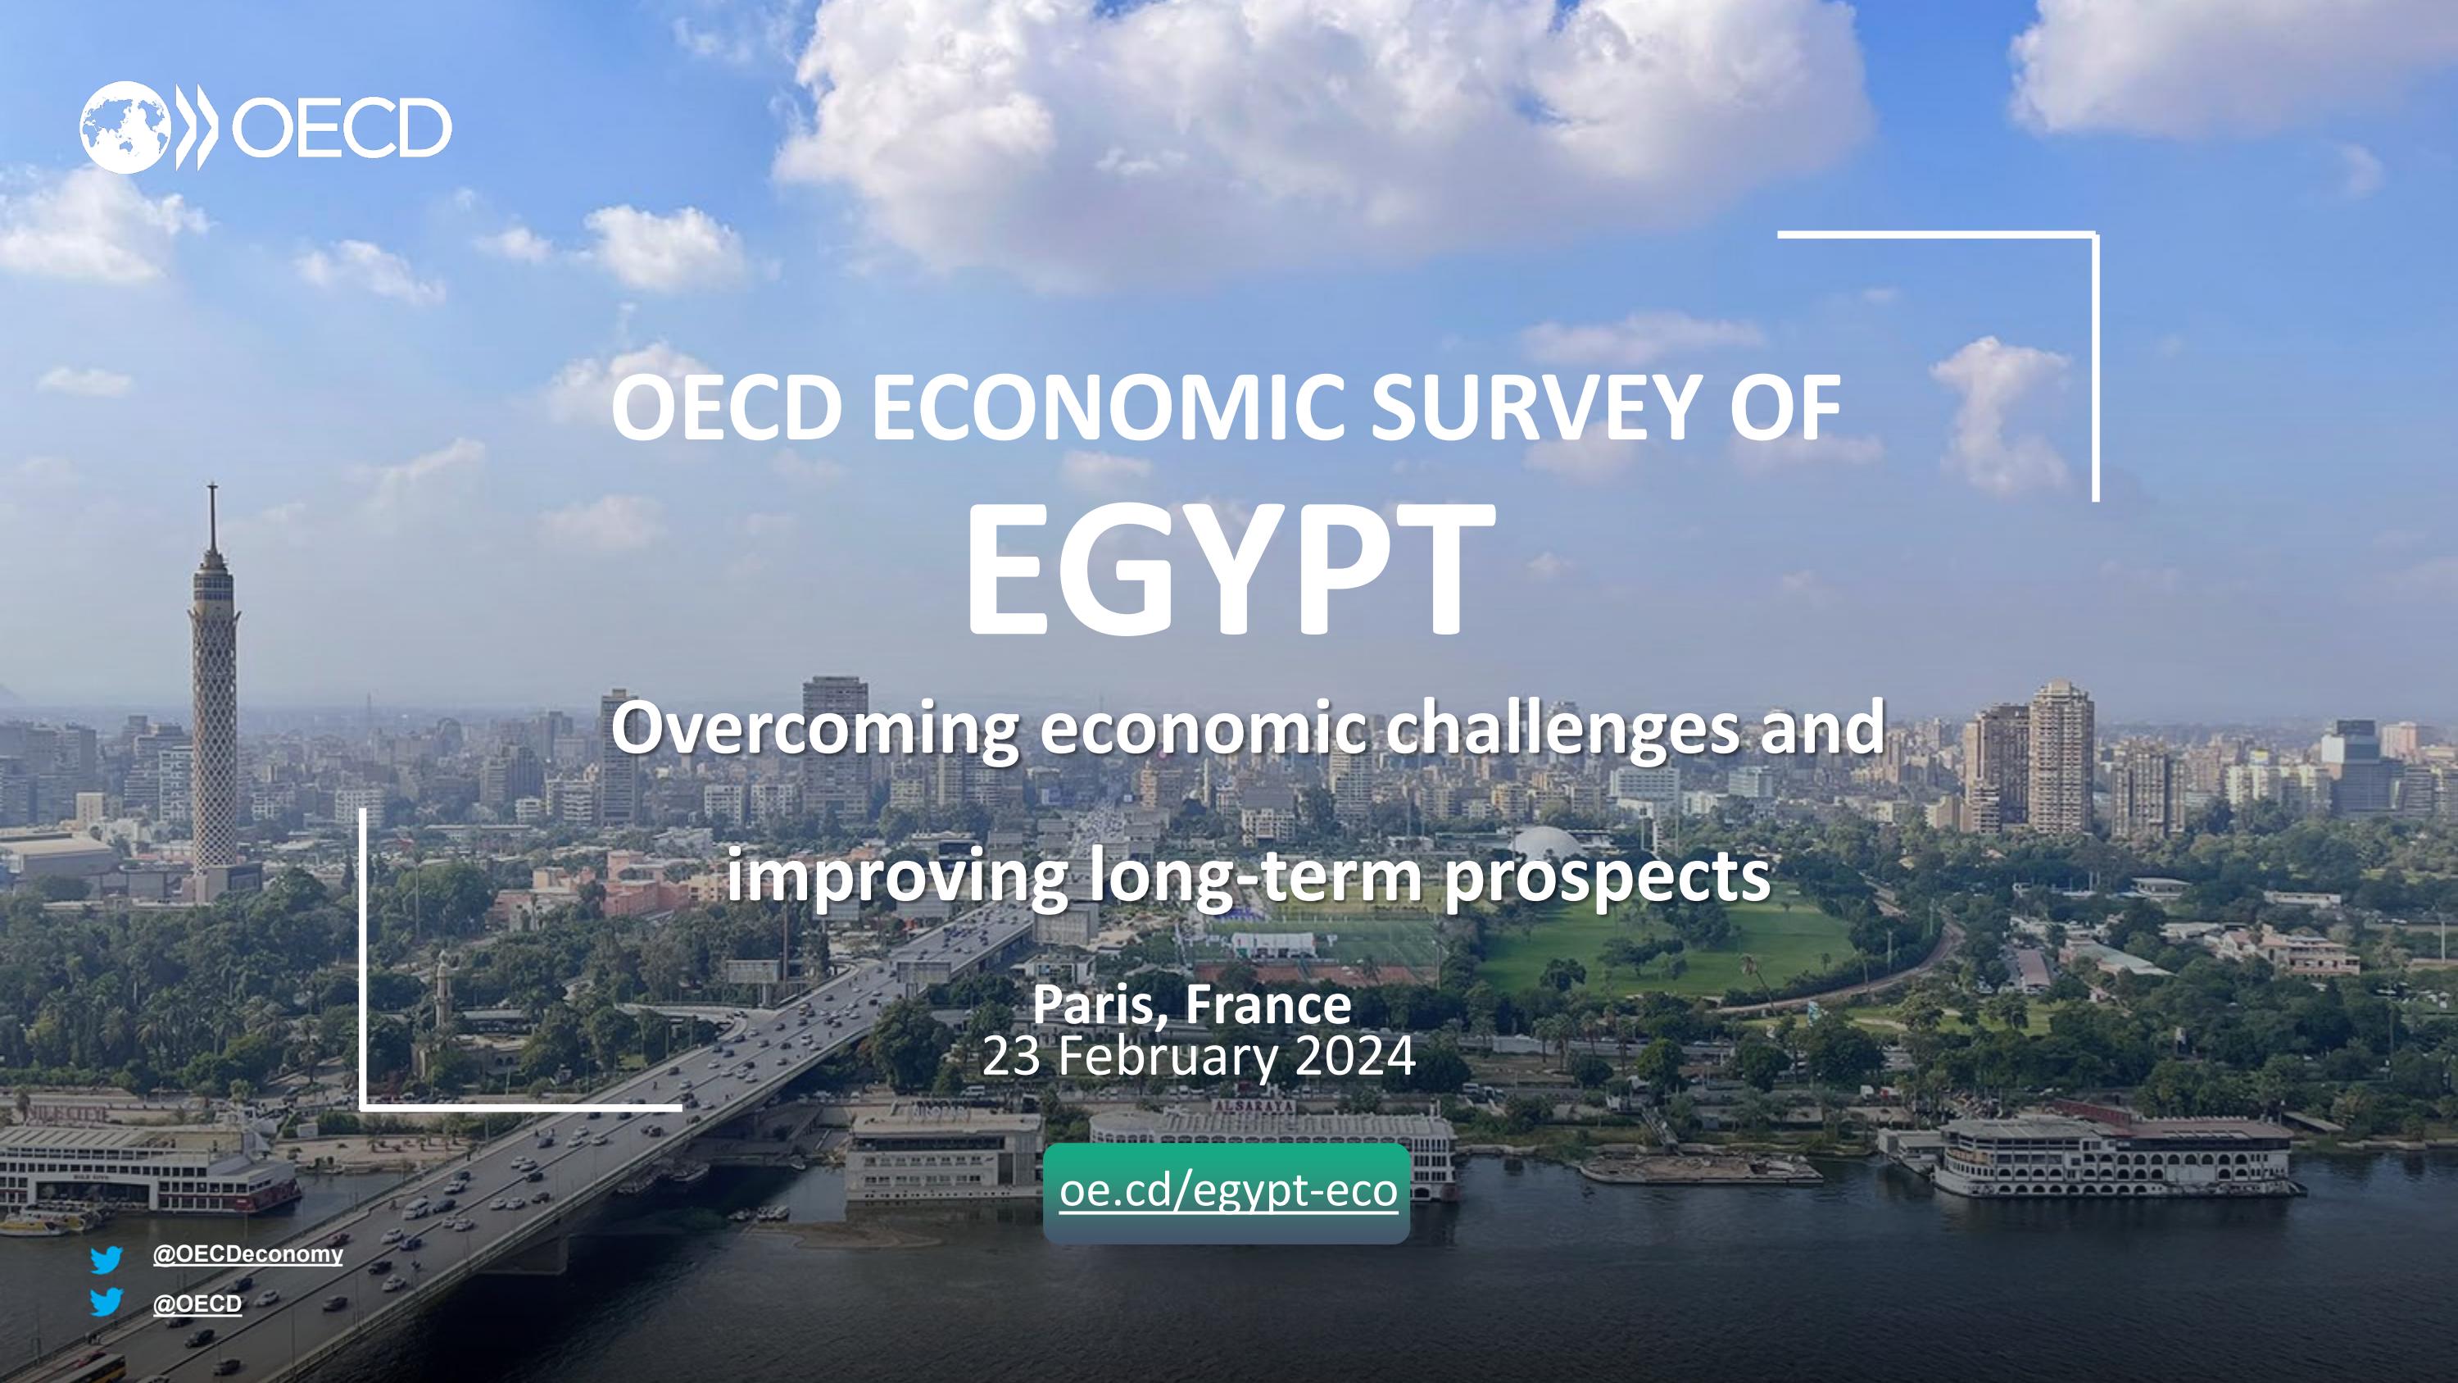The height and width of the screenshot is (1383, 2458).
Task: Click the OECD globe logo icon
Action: click(x=125, y=127)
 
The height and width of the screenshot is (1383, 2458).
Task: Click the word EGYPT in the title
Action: click(x=1229, y=574)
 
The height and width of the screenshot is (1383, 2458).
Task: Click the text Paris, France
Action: click(x=1192, y=1004)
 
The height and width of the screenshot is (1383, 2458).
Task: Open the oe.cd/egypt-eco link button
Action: click(x=1227, y=1192)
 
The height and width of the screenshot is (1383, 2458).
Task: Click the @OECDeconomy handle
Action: click(x=247, y=1254)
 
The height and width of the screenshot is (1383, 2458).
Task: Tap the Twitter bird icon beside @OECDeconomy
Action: click(x=106, y=1259)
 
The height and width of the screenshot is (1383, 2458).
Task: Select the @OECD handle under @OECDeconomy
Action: click(x=197, y=1303)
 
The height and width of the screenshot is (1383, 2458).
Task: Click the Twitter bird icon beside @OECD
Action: click(x=106, y=1302)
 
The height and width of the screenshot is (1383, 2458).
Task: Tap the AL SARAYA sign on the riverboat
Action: click(x=1254, y=1106)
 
